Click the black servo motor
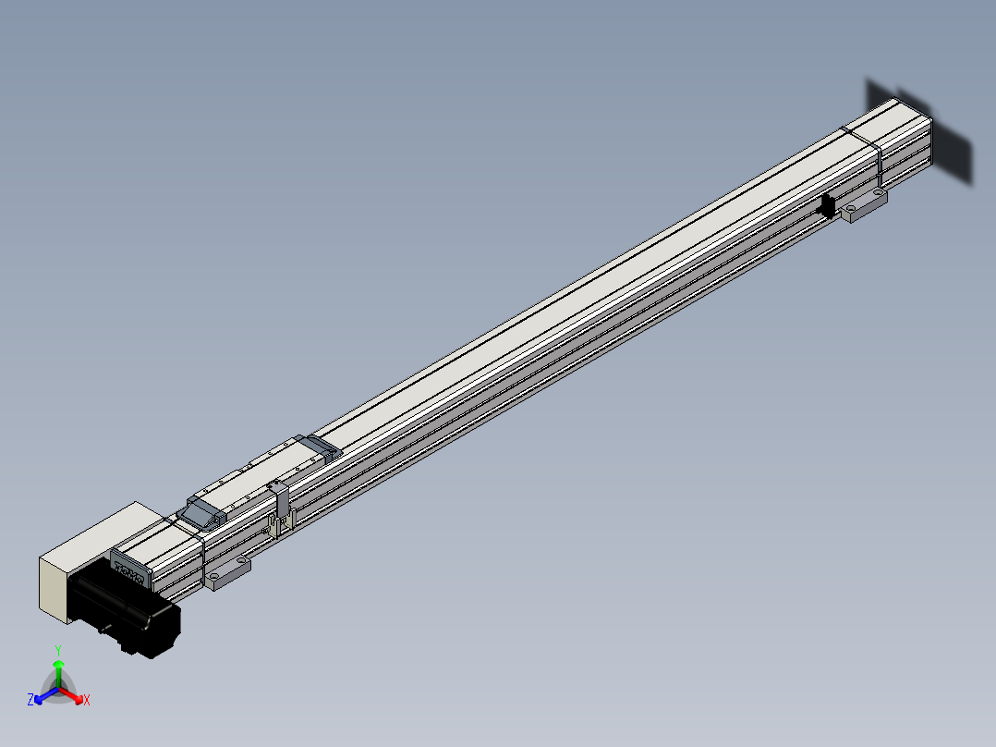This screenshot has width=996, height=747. pyautogui.click(x=129, y=610)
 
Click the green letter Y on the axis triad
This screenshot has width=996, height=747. pyautogui.click(x=58, y=650)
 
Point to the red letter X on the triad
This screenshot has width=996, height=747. pyautogui.click(x=87, y=701)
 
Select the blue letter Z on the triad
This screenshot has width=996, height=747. pyautogui.click(x=30, y=701)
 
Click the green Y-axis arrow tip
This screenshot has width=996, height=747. pyautogui.click(x=58, y=664)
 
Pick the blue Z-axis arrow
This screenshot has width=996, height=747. pyautogui.click(x=41, y=695)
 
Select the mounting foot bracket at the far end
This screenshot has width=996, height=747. pyautogui.click(x=865, y=205)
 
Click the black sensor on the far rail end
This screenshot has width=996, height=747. pyautogui.click(x=829, y=207)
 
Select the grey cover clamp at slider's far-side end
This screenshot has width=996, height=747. pyautogui.click(x=322, y=446)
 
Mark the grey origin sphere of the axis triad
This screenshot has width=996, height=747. pyautogui.click(x=58, y=689)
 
